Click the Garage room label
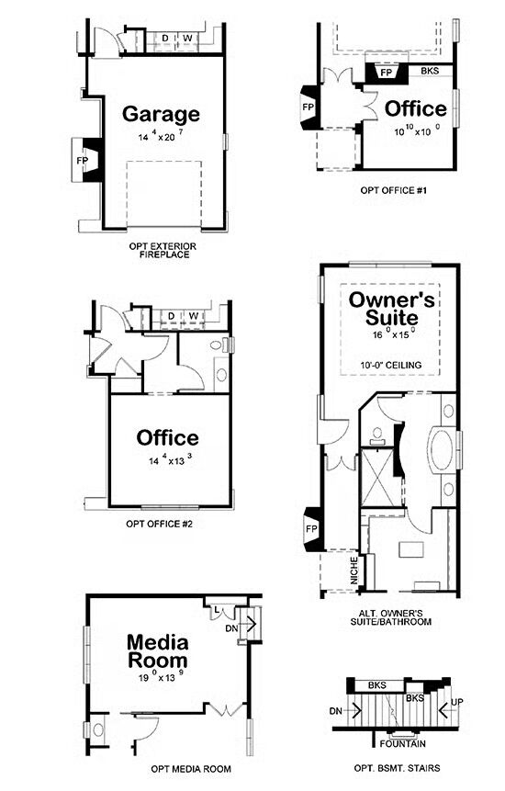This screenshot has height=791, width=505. point(161,115)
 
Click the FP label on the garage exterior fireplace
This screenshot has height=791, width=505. point(82,161)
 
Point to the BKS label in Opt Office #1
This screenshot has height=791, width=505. point(430,71)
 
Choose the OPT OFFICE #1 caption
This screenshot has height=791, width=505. point(394,190)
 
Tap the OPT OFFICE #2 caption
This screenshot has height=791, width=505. point(159,524)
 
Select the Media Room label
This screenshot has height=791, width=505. point(157,651)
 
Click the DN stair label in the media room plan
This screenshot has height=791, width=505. point(231,628)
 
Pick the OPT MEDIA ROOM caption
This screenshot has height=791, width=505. point(191,769)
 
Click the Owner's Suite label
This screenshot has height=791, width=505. point(391,309)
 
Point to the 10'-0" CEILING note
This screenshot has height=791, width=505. point(390,365)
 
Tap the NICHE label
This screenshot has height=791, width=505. point(353,571)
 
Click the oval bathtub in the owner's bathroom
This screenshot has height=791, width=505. point(442,449)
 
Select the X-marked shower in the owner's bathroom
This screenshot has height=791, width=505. point(378,477)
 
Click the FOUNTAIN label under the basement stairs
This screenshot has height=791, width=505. point(403,743)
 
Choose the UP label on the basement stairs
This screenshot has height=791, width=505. point(457,702)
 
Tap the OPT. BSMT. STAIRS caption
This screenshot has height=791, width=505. point(397,768)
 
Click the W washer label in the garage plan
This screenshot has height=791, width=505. point(187,38)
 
